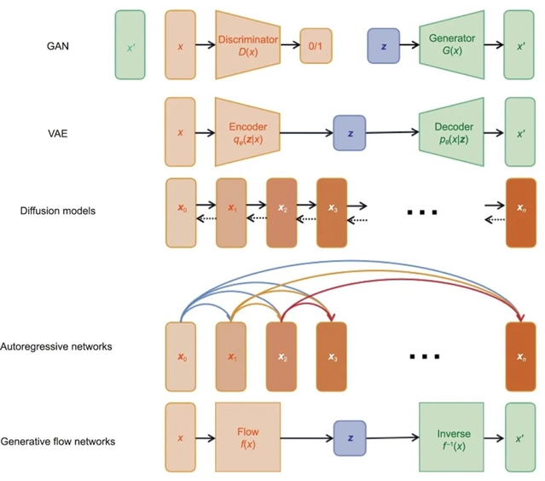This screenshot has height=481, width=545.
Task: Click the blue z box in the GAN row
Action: coord(384,45)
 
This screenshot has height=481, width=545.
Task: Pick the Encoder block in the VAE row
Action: coord(247,131)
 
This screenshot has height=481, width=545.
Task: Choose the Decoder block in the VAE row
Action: coord(453,131)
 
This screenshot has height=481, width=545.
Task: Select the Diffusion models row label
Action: coord(57,211)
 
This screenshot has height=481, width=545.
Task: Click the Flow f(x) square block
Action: coord(247,438)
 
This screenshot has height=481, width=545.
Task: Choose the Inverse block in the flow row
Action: coord(451,438)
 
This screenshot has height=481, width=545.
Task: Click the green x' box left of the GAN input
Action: coord(130,46)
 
